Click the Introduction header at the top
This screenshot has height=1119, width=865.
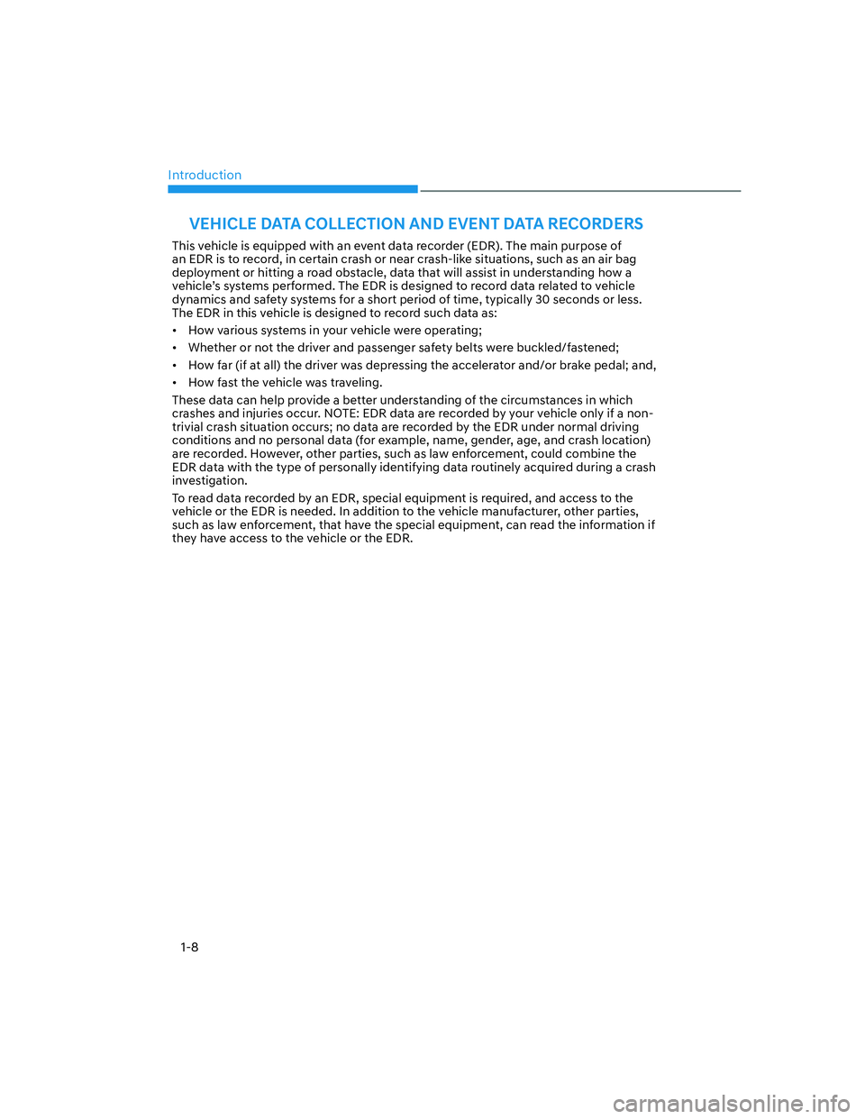click(205, 175)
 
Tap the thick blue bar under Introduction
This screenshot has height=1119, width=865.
click(293, 189)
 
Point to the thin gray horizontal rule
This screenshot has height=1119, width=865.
click(580, 191)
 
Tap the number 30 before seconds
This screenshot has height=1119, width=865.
click(542, 300)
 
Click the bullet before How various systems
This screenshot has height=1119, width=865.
click(175, 331)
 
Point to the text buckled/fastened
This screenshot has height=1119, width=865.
click(567, 348)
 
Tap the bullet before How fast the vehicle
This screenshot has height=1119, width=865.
click(175, 383)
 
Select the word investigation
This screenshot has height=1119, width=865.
click(209, 481)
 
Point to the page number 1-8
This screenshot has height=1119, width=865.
click(189, 947)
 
